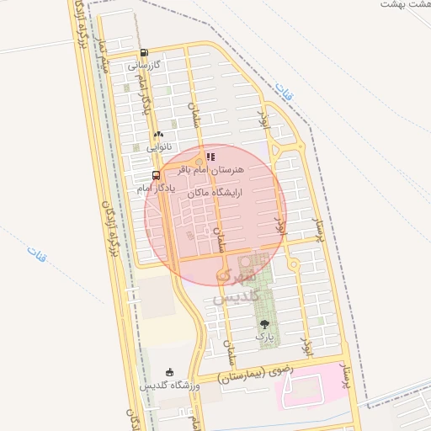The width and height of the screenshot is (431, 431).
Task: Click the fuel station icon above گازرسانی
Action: pos(144,52)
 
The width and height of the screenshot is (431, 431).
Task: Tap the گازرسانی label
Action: pos(144,65)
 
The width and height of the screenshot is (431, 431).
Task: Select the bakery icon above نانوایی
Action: pos(158,134)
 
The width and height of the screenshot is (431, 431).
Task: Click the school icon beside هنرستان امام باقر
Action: pos(211,157)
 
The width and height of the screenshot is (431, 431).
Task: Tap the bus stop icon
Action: pos(156,175)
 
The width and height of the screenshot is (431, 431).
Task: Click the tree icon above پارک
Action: pos(265,323)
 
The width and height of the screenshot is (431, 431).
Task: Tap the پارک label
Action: pos(265,337)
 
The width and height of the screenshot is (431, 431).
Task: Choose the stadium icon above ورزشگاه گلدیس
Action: pos(170,372)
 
